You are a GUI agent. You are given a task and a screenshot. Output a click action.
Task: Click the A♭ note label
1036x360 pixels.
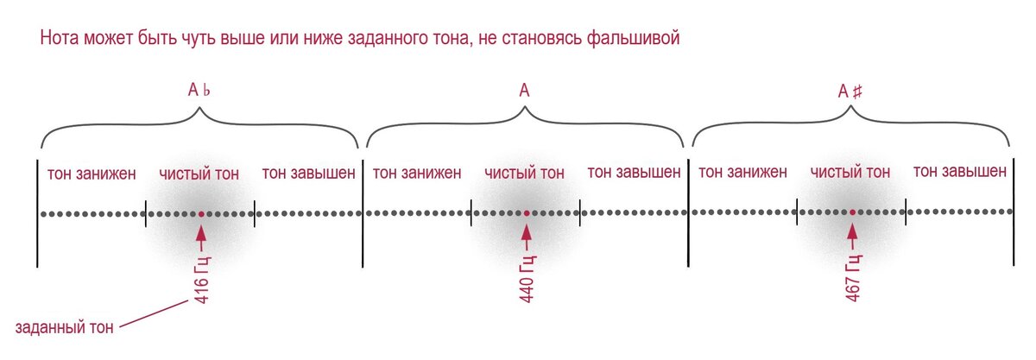point(199,90)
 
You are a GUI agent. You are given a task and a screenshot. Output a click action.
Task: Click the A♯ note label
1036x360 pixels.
point(850,90)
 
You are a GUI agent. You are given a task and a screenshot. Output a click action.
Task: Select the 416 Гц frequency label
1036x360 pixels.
point(201,282)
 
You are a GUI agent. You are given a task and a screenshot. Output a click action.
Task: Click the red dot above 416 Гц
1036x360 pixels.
point(200,212)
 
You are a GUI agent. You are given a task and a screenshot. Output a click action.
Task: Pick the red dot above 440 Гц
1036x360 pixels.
point(526,212)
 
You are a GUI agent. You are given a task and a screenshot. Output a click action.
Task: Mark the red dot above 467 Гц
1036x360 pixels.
point(851,212)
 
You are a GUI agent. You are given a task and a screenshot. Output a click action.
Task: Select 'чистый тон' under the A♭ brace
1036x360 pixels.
point(199,174)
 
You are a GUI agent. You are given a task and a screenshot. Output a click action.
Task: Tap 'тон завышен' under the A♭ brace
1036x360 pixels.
point(308,174)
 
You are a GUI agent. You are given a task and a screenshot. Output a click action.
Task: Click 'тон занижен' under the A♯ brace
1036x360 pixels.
point(742,173)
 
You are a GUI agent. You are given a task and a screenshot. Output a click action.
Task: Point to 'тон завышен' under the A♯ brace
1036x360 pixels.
point(959,172)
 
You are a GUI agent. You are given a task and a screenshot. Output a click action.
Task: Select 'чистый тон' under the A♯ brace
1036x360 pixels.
point(850,173)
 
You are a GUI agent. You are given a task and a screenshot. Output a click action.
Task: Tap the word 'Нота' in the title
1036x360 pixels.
point(60,39)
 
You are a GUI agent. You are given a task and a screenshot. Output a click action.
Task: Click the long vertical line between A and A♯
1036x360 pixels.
point(689,212)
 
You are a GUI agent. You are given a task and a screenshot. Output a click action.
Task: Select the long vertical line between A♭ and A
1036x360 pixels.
point(363,212)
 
